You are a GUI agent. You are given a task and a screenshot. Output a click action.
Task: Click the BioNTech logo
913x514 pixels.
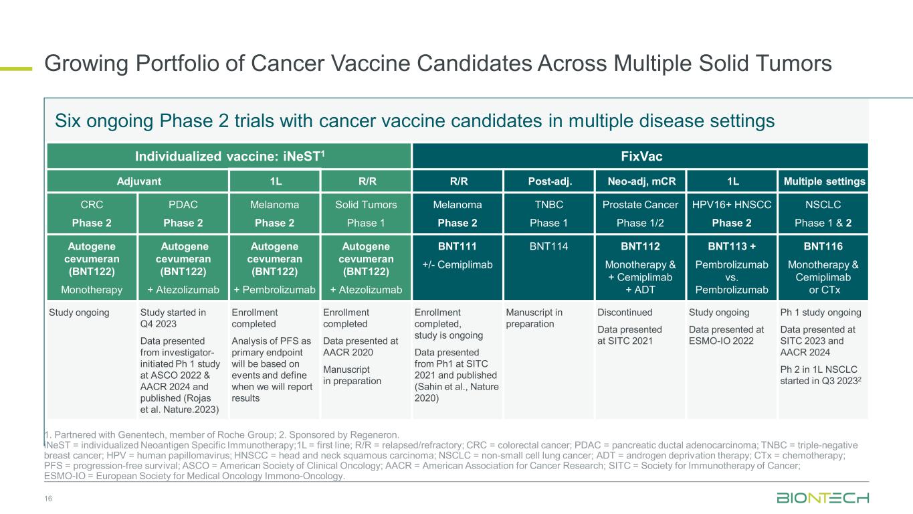click(823, 498)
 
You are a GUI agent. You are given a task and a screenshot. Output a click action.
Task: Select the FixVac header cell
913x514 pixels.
click(640, 156)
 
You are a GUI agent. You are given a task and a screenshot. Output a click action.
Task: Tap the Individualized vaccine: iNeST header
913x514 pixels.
click(229, 156)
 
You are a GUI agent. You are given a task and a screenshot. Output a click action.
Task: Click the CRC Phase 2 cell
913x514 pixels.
click(92, 213)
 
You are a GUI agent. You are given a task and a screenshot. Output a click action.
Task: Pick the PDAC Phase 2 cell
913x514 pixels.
click(183, 213)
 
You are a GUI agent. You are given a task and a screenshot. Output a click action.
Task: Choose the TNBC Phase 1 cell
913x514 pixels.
click(548, 213)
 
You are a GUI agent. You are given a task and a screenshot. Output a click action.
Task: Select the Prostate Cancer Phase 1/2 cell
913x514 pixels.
click(640, 213)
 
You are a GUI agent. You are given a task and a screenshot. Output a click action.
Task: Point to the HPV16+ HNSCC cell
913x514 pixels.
click(732, 213)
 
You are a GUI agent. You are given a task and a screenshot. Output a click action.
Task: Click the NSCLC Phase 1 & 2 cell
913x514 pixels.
click(823, 213)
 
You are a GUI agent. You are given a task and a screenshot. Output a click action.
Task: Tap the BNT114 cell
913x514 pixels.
click(548, 268)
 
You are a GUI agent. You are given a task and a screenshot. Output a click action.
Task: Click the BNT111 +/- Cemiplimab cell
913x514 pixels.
click(458, 268)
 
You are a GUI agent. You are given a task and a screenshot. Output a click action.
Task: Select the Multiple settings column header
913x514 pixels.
click(823, 181)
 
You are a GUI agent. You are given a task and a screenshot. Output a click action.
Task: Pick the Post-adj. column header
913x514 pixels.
click(548, 181)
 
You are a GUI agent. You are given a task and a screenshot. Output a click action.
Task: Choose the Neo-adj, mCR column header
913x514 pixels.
click(640, 181)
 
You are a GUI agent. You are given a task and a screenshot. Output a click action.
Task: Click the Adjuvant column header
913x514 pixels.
click(137, 181)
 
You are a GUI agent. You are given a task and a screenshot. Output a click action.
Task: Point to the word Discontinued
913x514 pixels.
click(625, 313)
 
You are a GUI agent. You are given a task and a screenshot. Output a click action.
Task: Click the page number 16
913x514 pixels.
click(48, 499)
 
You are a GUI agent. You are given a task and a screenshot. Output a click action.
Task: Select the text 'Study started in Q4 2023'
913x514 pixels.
click(173, 318)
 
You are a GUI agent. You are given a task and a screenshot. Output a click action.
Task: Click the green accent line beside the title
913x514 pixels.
click(16, 69)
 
